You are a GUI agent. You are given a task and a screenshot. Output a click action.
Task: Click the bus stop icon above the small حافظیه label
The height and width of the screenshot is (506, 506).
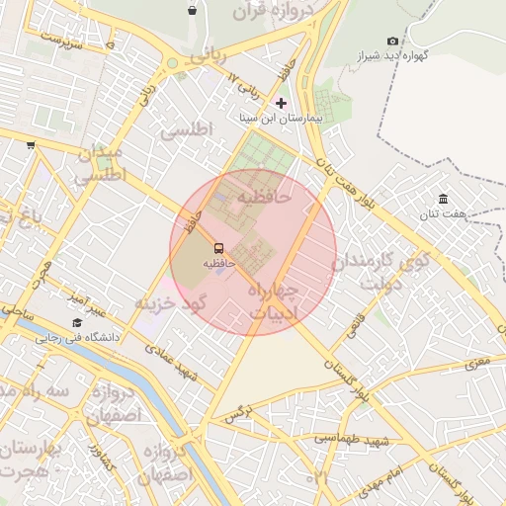coord(218,249)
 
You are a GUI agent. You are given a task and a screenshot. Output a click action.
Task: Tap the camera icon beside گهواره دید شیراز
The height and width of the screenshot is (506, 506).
coord(393,41)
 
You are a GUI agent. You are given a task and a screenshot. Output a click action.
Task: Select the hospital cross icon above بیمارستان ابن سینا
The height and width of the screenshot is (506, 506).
coord(282,103)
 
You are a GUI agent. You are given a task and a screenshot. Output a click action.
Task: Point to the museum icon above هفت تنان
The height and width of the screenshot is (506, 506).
coord(442,199)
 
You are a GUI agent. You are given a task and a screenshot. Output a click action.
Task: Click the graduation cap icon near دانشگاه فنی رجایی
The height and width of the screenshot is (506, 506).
coord(77,322)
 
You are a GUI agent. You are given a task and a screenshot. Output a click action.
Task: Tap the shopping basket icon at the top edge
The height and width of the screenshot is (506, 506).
coord(192,10)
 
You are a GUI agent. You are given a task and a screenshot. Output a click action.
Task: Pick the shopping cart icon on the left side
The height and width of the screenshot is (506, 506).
coord(31,144)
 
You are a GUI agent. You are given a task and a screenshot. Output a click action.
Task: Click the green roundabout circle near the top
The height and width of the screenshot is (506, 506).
coord(173,63)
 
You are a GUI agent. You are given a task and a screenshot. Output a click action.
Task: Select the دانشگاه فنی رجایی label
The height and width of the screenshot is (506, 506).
coord(78,337)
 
